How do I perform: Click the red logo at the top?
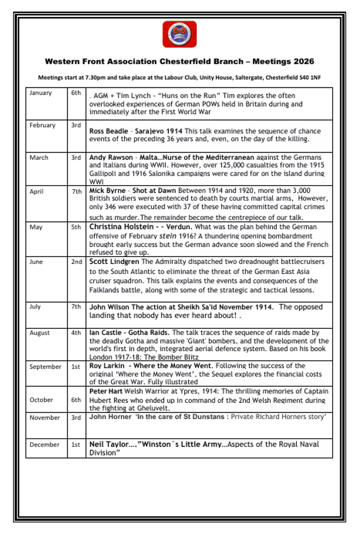(x=180, y=34)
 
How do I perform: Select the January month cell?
(x=40, y=93)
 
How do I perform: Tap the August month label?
(x=39, y=333)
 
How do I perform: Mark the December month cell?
(x=44, y=445)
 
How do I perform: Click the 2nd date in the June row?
(x=76, y=262)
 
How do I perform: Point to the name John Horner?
(x=107, y=417)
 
